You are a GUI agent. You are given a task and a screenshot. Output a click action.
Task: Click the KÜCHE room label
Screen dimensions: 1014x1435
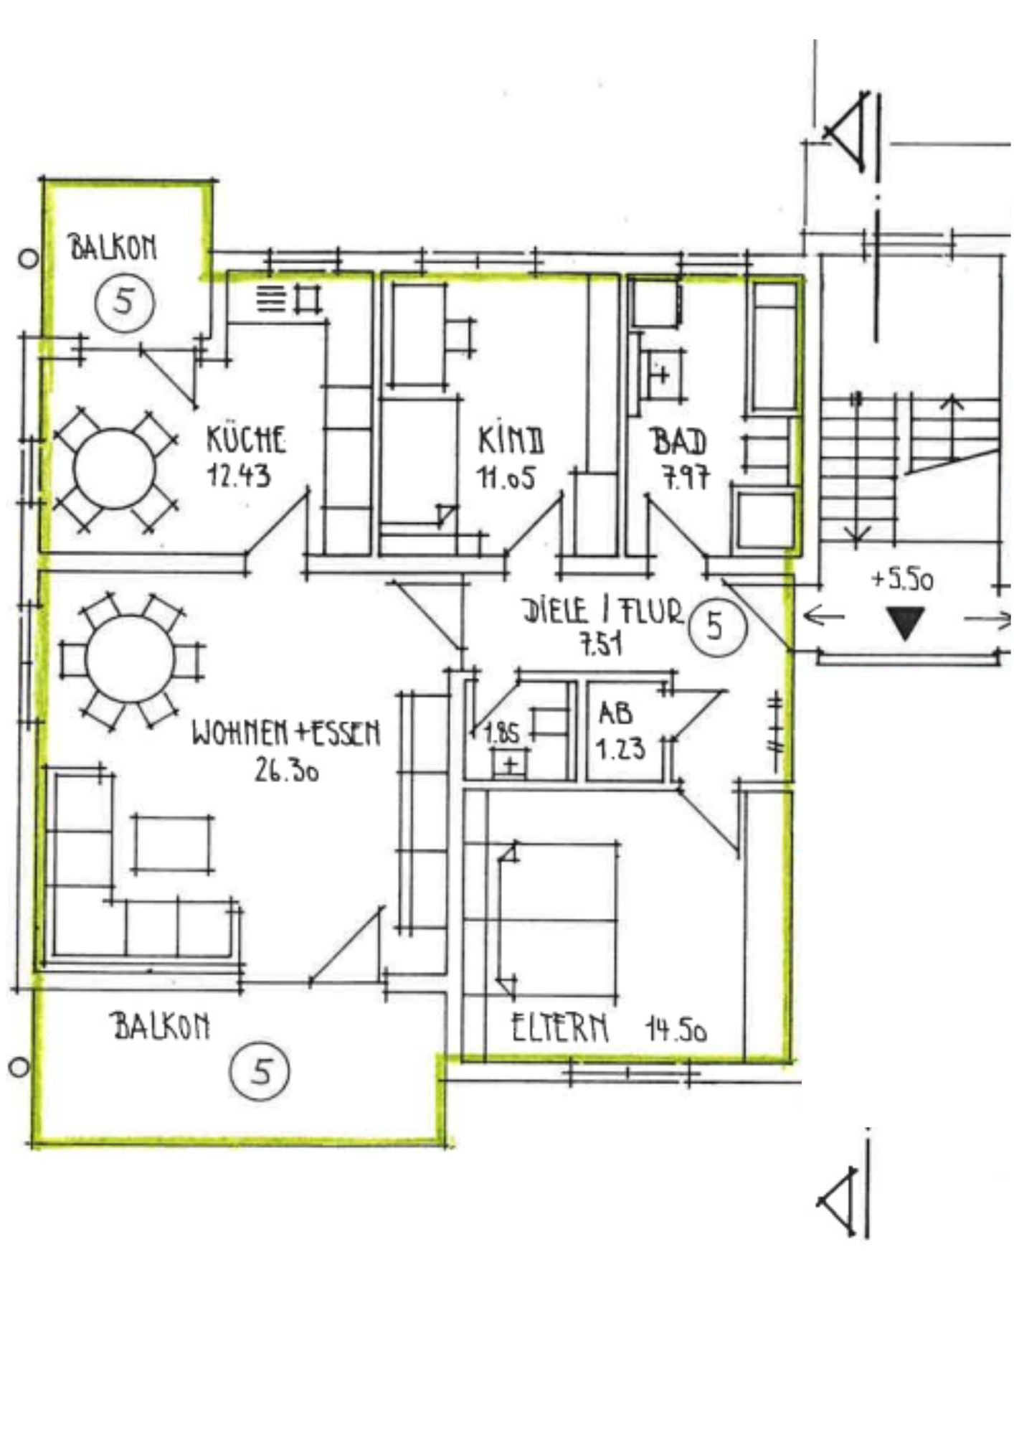point(246,439)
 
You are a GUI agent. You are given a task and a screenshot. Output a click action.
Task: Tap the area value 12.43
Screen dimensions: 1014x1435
point(239,475)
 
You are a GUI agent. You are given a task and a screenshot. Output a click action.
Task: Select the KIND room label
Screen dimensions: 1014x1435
point(511,440)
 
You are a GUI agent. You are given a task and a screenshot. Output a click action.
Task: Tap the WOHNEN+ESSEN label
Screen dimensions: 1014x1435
point(285,733)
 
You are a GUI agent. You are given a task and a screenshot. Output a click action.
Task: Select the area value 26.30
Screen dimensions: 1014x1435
point(286,770)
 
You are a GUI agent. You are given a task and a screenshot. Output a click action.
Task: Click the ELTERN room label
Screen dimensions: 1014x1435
point(560,1028)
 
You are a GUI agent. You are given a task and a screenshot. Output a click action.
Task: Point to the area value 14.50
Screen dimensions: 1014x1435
point(676,1030)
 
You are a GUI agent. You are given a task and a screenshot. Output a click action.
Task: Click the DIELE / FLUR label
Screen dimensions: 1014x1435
point(602,611)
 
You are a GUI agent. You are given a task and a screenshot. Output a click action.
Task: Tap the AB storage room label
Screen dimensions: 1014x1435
point(616,713)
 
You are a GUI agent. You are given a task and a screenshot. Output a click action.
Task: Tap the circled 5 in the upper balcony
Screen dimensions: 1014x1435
point(125,301)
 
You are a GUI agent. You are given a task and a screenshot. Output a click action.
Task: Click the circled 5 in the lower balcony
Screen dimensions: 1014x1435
point(260,1072)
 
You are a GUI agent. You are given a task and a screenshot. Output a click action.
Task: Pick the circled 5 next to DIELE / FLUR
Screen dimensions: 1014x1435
point(716,626)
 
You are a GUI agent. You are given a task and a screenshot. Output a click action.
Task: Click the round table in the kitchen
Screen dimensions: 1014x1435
point(114,469)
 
